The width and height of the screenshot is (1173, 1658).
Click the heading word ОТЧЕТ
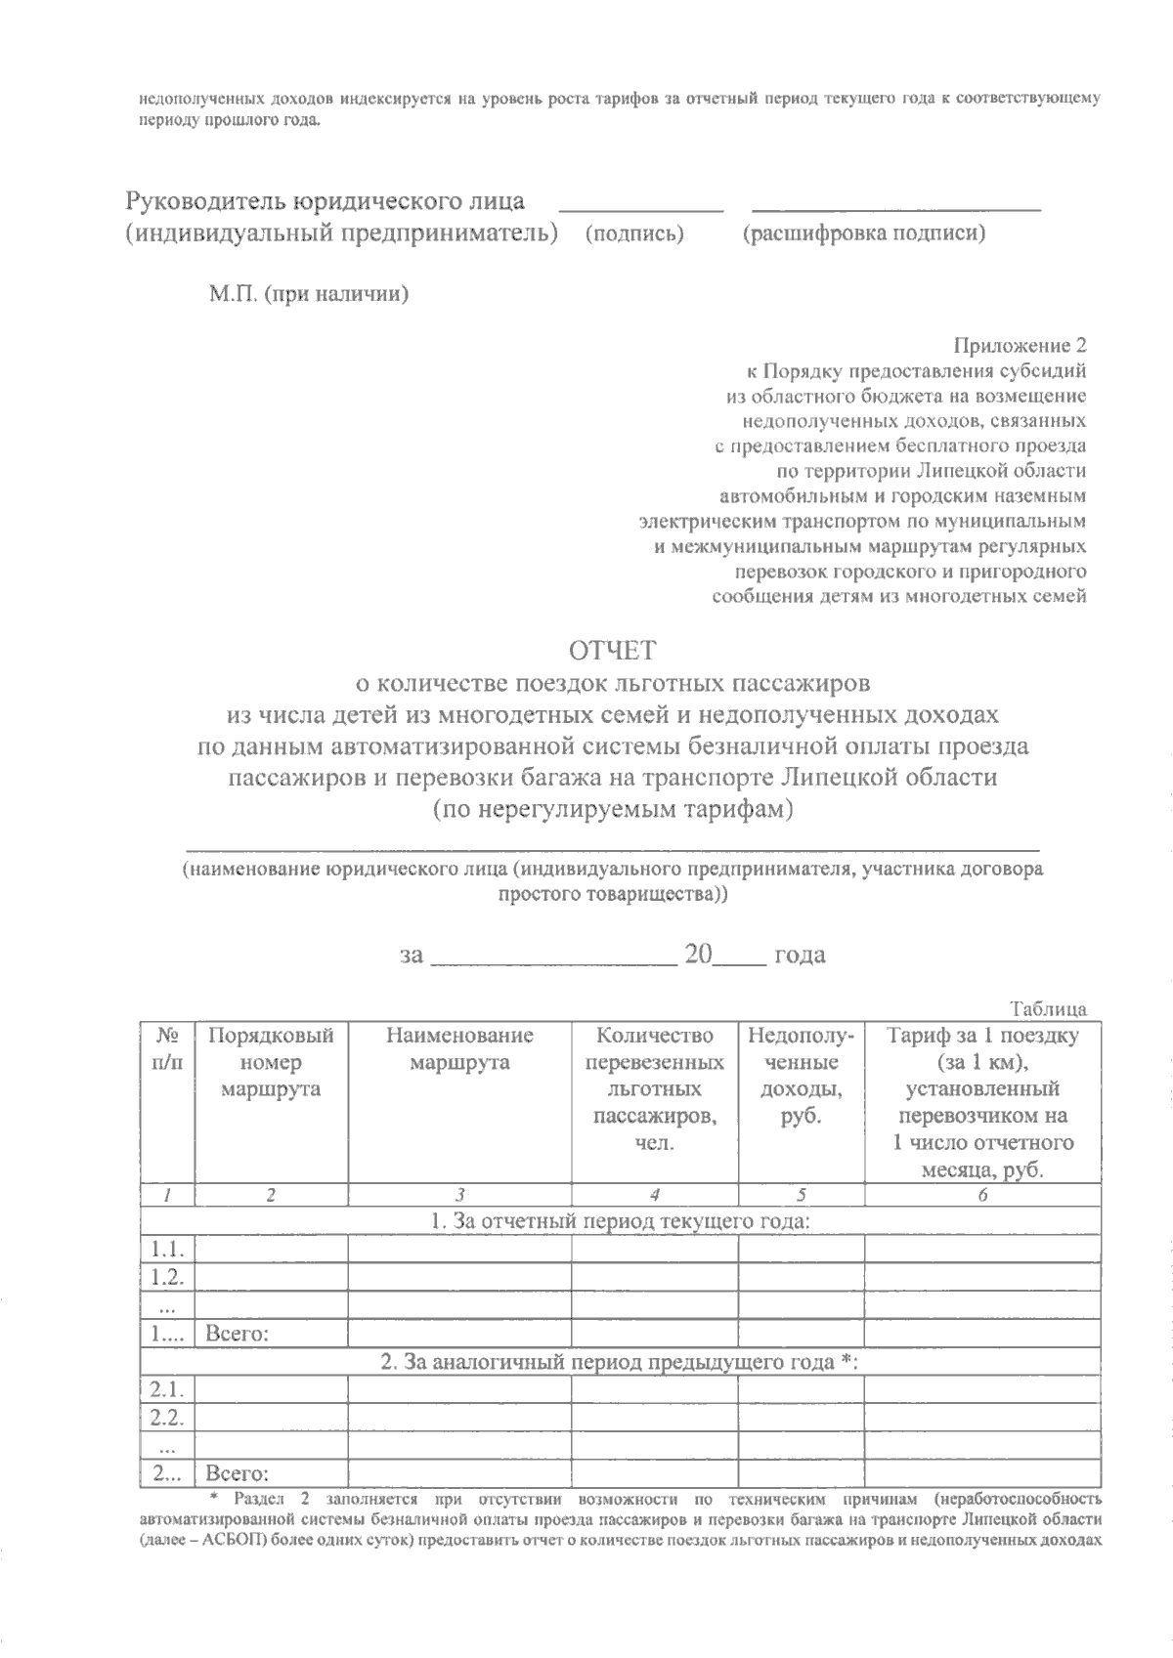pyautogui.click(x=614, y=650)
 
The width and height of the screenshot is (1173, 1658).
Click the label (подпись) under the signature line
pyautogui.click(x=633, y=234)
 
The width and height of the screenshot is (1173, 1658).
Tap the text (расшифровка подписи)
pyautogui.click(x=863, y=234)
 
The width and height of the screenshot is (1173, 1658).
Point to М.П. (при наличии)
pyautogui.click(x=308, y=294)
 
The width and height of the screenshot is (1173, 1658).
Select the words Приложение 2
pyautogui.click(x=1020, y=345)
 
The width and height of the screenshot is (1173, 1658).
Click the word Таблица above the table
pyautogui.click(x=1048, y=1009)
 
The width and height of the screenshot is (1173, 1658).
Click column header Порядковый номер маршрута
pyautogui.click(x=271, y=1063)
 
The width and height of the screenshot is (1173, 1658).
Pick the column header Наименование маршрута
pyautogui.click(x=459, y=1049)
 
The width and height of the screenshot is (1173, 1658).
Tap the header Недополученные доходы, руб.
pyautogui.click(x=801, y=1076)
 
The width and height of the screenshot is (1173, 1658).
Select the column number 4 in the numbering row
pyautogui.click(x=654, y=1194)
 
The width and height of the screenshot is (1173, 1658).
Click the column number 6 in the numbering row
pyautogui.click(x=982, y=1194)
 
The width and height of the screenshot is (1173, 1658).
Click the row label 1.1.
pyautogui.click(x=168, y=1249)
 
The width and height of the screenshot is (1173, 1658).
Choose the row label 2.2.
pyautogui.click(x=168, y=1418)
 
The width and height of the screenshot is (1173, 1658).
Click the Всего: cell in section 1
pyautogui.click(x=238, y=1333)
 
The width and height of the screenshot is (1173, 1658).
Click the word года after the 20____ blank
pyautogui.click(x=799, y=955)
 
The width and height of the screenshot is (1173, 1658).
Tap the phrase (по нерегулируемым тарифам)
pyautogui.click(x=613, y=810)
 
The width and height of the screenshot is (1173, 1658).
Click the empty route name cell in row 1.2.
pyautogui.click(x=459, y=1277)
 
